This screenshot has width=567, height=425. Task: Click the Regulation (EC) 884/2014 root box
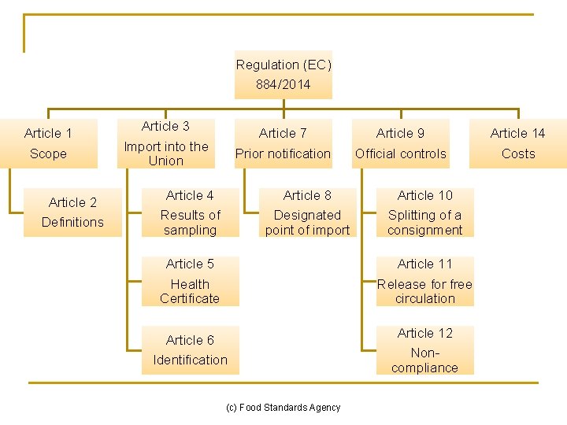[283, 75]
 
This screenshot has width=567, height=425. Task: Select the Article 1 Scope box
[48, 143]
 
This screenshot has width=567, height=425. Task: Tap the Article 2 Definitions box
[72, 213]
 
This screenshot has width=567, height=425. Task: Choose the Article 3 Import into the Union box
[165, 143]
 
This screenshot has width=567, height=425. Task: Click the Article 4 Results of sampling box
[190, 213]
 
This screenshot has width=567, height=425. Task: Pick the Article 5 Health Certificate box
[190, 281]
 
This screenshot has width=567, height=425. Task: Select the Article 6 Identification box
[190, 350]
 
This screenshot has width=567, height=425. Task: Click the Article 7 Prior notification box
[283, 143]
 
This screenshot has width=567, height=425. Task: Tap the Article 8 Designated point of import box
[307, 213]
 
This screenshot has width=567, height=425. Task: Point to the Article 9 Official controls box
[400, 143]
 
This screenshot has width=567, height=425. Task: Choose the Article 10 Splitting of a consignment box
[425, 213]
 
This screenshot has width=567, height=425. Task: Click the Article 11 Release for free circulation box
[425, 281]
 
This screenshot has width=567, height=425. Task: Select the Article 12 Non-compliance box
[425, 350]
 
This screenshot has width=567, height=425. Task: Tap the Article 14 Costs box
[517, 143]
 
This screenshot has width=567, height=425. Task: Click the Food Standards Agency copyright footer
[283, 408]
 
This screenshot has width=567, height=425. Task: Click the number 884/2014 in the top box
[283, 84]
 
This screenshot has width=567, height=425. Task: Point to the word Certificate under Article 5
[190, 298]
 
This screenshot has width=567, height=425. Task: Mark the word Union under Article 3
[165, 161]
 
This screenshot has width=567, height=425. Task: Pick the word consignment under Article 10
[425, 230]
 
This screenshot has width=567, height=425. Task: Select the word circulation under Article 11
[425, 298]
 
